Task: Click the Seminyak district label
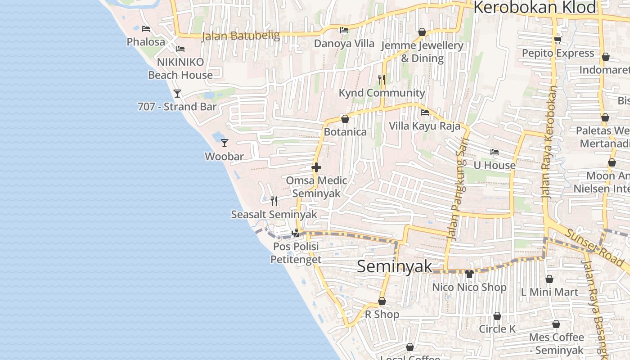coord(395,266)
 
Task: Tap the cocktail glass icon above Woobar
coord(225,143)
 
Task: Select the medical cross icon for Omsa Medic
coord(316,167)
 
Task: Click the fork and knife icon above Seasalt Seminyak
coord(274,201)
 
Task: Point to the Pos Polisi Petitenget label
coord(296,253)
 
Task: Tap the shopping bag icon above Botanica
coord(345,119)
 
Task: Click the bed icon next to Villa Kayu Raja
coord(424,112)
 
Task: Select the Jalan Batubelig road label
coord(240,36)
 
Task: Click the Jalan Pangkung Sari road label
coord(457,189)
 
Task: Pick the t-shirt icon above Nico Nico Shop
coord(469,274)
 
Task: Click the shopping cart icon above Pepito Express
coord(558,40)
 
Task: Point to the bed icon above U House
coord(495,152)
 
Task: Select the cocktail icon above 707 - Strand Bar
coord(177,94)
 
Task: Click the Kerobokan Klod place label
coord(535,8)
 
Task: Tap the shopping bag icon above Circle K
coord(497,316)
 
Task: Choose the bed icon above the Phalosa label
coord(146,29)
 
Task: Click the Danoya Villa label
coord(344,44)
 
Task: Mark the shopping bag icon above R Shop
coord(382,301)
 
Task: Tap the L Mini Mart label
coord(549,292)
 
